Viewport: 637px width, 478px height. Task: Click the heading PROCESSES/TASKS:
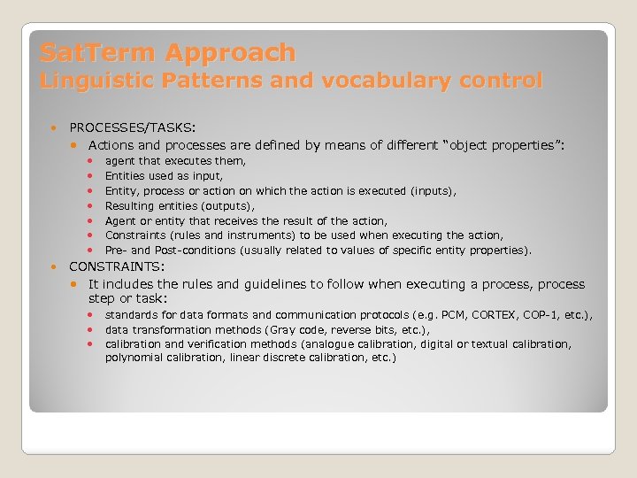click(x=133, y=127)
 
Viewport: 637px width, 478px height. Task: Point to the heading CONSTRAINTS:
click(x=116, y=266)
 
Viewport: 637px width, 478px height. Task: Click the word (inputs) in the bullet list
click(x=434, y=191)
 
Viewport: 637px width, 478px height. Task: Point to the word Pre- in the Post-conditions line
click(x=116, y=251)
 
